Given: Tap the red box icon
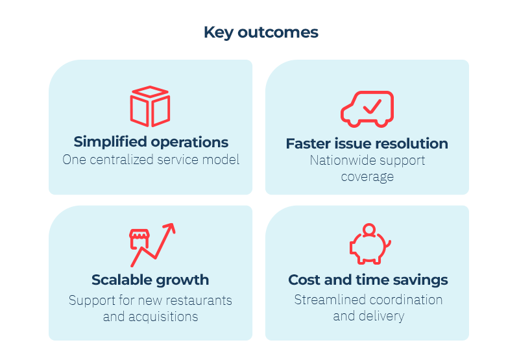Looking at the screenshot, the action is (150, 106).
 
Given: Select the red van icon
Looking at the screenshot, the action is (367, 109).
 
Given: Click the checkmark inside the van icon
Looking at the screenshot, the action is (372, 106).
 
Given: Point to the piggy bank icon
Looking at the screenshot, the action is (370, 244).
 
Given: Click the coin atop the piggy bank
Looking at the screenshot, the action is (369, 230).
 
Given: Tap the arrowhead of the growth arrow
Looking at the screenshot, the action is (170, 228).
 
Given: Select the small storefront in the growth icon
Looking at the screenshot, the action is (139, 239).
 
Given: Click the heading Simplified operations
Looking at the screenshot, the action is (151, 142).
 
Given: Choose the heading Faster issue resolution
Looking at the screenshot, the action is (367, 143).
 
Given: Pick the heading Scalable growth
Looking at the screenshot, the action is (151, 280).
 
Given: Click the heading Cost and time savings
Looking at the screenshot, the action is (368, 280).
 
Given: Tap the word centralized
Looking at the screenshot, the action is (121, 160).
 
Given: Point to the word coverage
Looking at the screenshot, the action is (367, 177).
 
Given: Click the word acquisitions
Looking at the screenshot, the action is (163, 317).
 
